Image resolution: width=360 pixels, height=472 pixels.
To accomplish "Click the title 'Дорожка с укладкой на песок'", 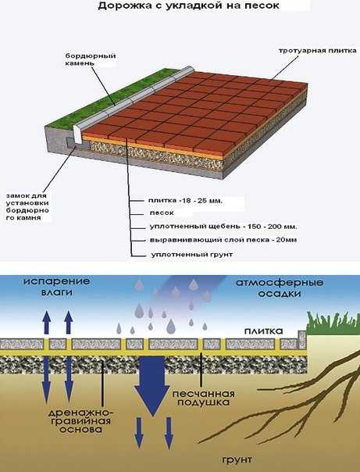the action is click(188, 5).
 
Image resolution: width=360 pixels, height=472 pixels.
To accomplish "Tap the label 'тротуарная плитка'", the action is click(317, 51).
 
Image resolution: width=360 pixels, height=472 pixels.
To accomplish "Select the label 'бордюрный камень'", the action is click(91, 59).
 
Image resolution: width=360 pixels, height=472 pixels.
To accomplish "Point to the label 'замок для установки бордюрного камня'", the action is click(27, 206).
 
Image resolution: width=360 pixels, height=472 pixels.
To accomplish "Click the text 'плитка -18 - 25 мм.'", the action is click(185, 201).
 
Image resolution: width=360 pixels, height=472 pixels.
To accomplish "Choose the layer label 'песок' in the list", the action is click(162, 213).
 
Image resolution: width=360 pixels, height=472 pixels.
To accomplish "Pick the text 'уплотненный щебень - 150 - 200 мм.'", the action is click(223, 227).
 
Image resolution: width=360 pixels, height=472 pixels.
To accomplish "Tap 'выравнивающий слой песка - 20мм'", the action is click(223, 240).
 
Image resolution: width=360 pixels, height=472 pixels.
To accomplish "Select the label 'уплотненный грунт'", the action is click(192, 254).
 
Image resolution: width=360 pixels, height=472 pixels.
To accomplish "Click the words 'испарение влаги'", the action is click(57, 287).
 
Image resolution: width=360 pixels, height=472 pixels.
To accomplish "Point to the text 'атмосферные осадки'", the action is click(280, 288).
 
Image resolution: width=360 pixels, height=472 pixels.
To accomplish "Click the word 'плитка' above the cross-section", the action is click(263, 331).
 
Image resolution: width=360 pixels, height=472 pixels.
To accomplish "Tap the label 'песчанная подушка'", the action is click(204, 398).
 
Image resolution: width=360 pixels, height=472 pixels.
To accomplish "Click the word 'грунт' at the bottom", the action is click(237, 459).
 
